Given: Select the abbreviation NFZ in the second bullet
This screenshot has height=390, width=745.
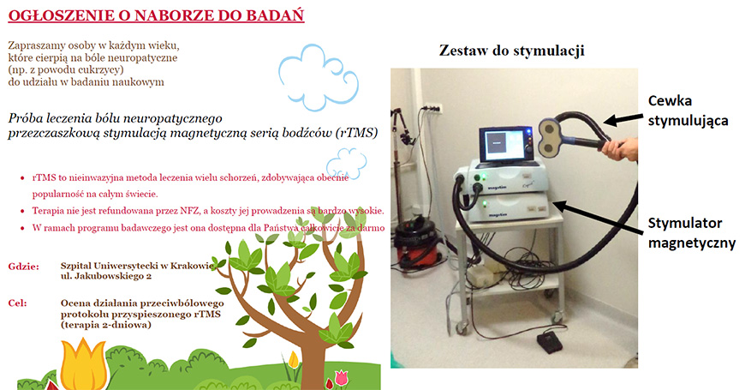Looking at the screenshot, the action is point(186,211).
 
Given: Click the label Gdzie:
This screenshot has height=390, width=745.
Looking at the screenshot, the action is point(24,267).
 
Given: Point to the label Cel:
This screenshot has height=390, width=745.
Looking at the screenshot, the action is point(18,303).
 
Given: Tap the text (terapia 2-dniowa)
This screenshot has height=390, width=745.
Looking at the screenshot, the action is point(105,325).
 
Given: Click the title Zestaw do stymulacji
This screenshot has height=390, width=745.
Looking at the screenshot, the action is point(512,51).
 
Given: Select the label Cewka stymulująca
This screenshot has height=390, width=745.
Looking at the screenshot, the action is point(688,111).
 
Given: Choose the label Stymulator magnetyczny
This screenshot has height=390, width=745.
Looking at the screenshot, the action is point(691,233).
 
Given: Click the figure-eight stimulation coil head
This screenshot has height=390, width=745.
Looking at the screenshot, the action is point(553,138).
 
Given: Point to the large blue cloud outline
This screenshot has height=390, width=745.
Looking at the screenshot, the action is point(318,78).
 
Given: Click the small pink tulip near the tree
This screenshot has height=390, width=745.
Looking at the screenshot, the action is point(342,379).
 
